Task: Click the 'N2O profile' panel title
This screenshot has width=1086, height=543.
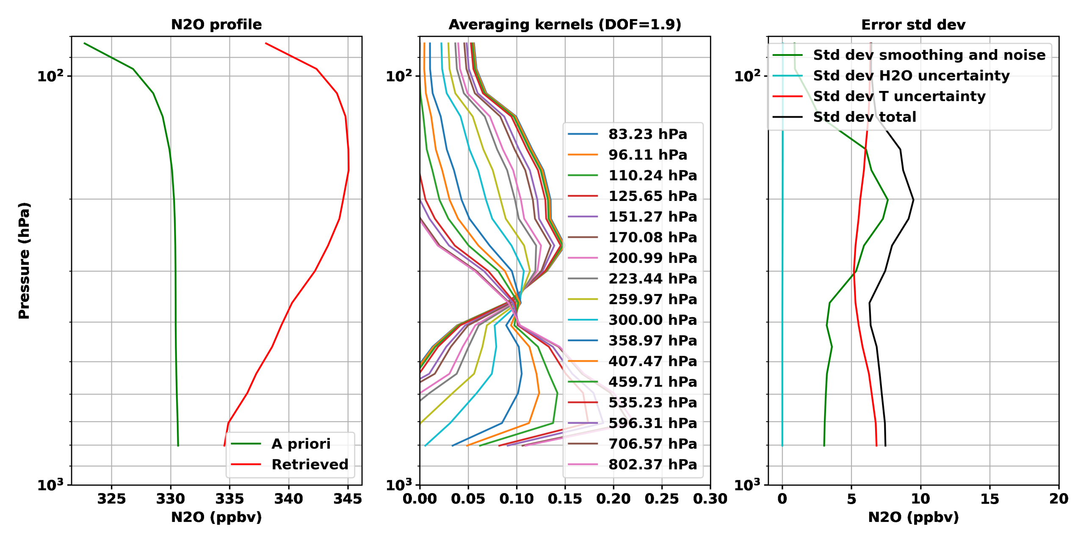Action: pos(216,25)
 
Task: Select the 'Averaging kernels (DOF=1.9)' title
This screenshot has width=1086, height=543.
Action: pos(564,25)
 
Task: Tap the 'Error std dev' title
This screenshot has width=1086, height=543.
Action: pos(913,25)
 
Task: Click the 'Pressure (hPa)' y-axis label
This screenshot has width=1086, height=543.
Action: pos(24,260)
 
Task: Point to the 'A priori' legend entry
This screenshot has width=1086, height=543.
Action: pos(301,444)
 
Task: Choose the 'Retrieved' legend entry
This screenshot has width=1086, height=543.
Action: pos(309,464)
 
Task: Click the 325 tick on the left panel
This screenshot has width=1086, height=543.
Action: pos(111,499)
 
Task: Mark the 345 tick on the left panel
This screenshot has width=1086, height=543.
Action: pos(348,499)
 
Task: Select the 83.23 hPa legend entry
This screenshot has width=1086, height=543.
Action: pos(647,134)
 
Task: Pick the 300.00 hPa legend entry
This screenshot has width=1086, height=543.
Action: pos(652,320)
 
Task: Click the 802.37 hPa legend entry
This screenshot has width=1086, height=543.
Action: pos(652,464)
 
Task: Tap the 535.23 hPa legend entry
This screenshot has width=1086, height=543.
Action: pos(652,402)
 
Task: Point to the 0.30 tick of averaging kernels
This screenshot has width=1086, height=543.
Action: pos(710,499)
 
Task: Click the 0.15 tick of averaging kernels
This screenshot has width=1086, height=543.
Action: pos(564,499)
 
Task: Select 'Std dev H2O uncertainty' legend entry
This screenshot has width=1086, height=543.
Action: pos(911,76)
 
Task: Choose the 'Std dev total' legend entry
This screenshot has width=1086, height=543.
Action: pos(864,117)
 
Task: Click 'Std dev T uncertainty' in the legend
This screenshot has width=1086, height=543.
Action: pos(899,96)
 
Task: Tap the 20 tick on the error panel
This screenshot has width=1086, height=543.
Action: pos(1058,499)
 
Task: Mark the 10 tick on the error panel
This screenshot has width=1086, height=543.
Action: pos(920,499)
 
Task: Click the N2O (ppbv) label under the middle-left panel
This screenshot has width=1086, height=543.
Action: pos(216,517)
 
